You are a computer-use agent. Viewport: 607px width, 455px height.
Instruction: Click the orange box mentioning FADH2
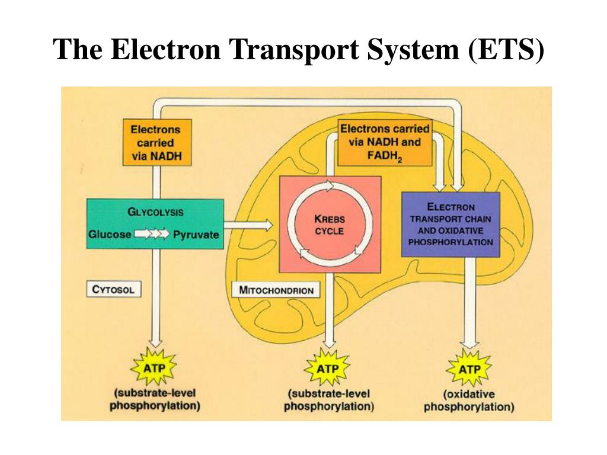[x=385, y=143]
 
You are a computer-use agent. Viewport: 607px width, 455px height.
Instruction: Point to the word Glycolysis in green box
[x=155, y=212]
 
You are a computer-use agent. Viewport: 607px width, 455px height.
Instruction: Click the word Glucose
[x=110, y=235]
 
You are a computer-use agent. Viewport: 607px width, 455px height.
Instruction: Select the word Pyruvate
[x=196, y=235]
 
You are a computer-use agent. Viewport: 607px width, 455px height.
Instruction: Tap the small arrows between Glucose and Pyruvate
[x=152, y=235]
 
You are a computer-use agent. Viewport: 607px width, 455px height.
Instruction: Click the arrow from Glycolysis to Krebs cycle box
[x=249, y=225]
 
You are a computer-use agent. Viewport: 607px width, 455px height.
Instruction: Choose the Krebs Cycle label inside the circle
[x=330, y=225]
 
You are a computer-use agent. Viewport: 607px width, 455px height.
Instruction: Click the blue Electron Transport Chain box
[x=451, y=225]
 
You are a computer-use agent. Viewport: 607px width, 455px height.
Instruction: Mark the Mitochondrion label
[x=275, y=290]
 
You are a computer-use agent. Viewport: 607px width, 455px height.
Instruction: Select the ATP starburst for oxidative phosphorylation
[x=469, y=369]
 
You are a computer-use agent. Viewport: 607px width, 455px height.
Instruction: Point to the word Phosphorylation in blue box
[x=451, y=242]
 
